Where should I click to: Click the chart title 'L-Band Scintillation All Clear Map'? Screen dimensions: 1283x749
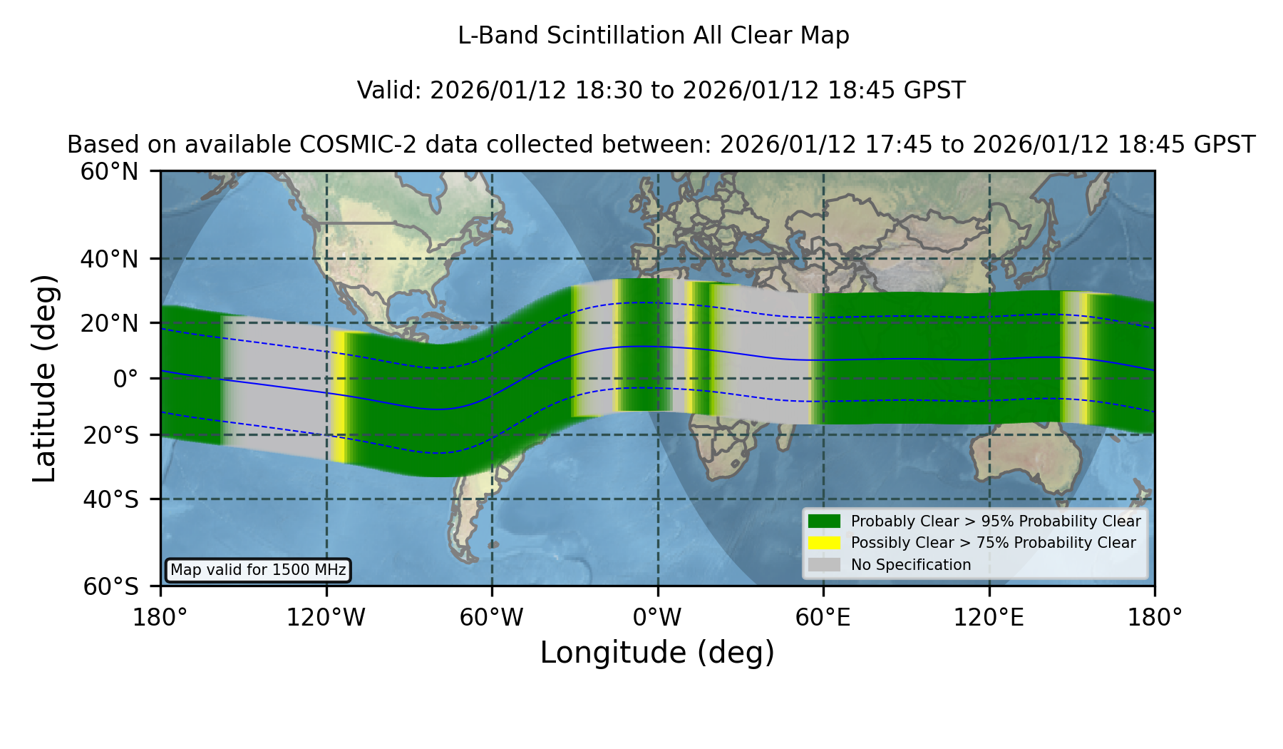[x=654, y=36]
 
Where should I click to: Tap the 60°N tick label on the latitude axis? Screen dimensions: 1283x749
[x=110, y=172]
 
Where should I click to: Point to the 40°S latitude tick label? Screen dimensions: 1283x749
[x=110, y=499]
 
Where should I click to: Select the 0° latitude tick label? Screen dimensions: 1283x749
[x=125, y=379]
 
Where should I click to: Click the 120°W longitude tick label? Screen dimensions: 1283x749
[x=326, y=618]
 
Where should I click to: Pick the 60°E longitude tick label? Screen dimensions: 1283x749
[x=823, y=618]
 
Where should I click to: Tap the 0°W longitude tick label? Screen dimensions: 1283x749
[x=658, y=618]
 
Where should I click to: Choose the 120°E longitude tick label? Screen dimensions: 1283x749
[x=989, y=618]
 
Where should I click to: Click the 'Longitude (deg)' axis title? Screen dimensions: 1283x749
[x=657, y=653]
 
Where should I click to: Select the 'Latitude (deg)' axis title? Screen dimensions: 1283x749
[x=44, y=378]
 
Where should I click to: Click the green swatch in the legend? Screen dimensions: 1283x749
[x=825, y=521]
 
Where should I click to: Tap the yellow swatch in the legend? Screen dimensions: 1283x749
[x=825, y=543]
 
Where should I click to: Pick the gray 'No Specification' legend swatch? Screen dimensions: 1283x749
[x=825, y=565]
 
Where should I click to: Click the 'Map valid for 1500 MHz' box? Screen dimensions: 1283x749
[x=258, y=570]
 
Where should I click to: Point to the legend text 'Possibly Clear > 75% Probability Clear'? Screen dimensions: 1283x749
[x=993, y=543]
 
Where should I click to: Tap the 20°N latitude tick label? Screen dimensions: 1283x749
[x=110, y=323]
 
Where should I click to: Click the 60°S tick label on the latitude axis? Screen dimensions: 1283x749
[x=110, y=586]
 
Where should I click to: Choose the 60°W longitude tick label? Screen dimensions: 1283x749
[x=492, y=618]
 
